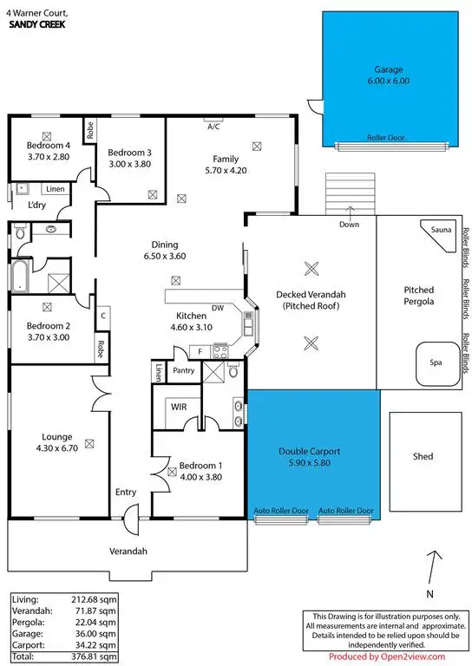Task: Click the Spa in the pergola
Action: click(437, 362)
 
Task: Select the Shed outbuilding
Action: click(422, 457)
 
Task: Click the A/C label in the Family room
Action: click(213, 126)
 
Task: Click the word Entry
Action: click(126, 493)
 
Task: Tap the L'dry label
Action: click(36, 205)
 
